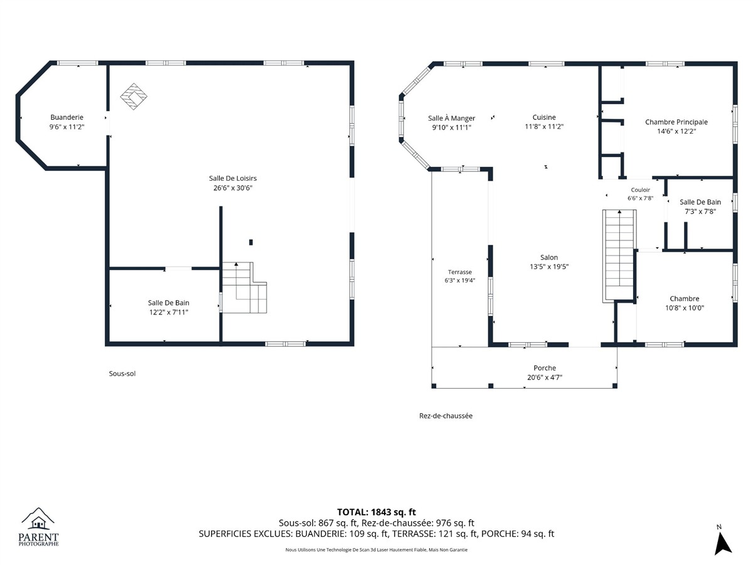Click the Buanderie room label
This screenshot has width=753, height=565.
[x=67, y=117]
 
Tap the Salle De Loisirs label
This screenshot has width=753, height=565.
[x=233, y=178]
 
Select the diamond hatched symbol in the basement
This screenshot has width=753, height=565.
[x=134, y=97]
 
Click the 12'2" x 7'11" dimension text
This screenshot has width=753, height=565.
[x=169, y=312]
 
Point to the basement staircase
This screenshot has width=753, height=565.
[x=244, y=288]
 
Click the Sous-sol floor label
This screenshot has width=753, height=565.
[x=122, y=374]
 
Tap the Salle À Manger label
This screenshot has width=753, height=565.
[x=451, y=119]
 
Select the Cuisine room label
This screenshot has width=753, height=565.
[x=544, y=117]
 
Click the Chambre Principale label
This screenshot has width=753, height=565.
[x=676, y=122]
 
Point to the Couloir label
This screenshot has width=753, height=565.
[x=641, y=190]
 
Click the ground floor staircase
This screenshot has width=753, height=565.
[x=619, y=256]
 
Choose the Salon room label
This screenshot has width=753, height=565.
[x=549, y=257]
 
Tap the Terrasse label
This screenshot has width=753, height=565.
[x=460, y=272]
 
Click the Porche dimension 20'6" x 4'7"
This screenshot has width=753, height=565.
[x=545, y=377]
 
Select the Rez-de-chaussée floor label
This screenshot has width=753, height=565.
[x=446, y=416]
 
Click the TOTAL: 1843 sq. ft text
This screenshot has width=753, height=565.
[x=376, y=512]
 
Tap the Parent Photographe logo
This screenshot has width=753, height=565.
[x=38, y=527]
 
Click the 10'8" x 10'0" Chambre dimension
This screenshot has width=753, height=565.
[x=685, y=308]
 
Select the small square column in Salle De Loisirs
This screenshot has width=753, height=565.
[x=251, y=242]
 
